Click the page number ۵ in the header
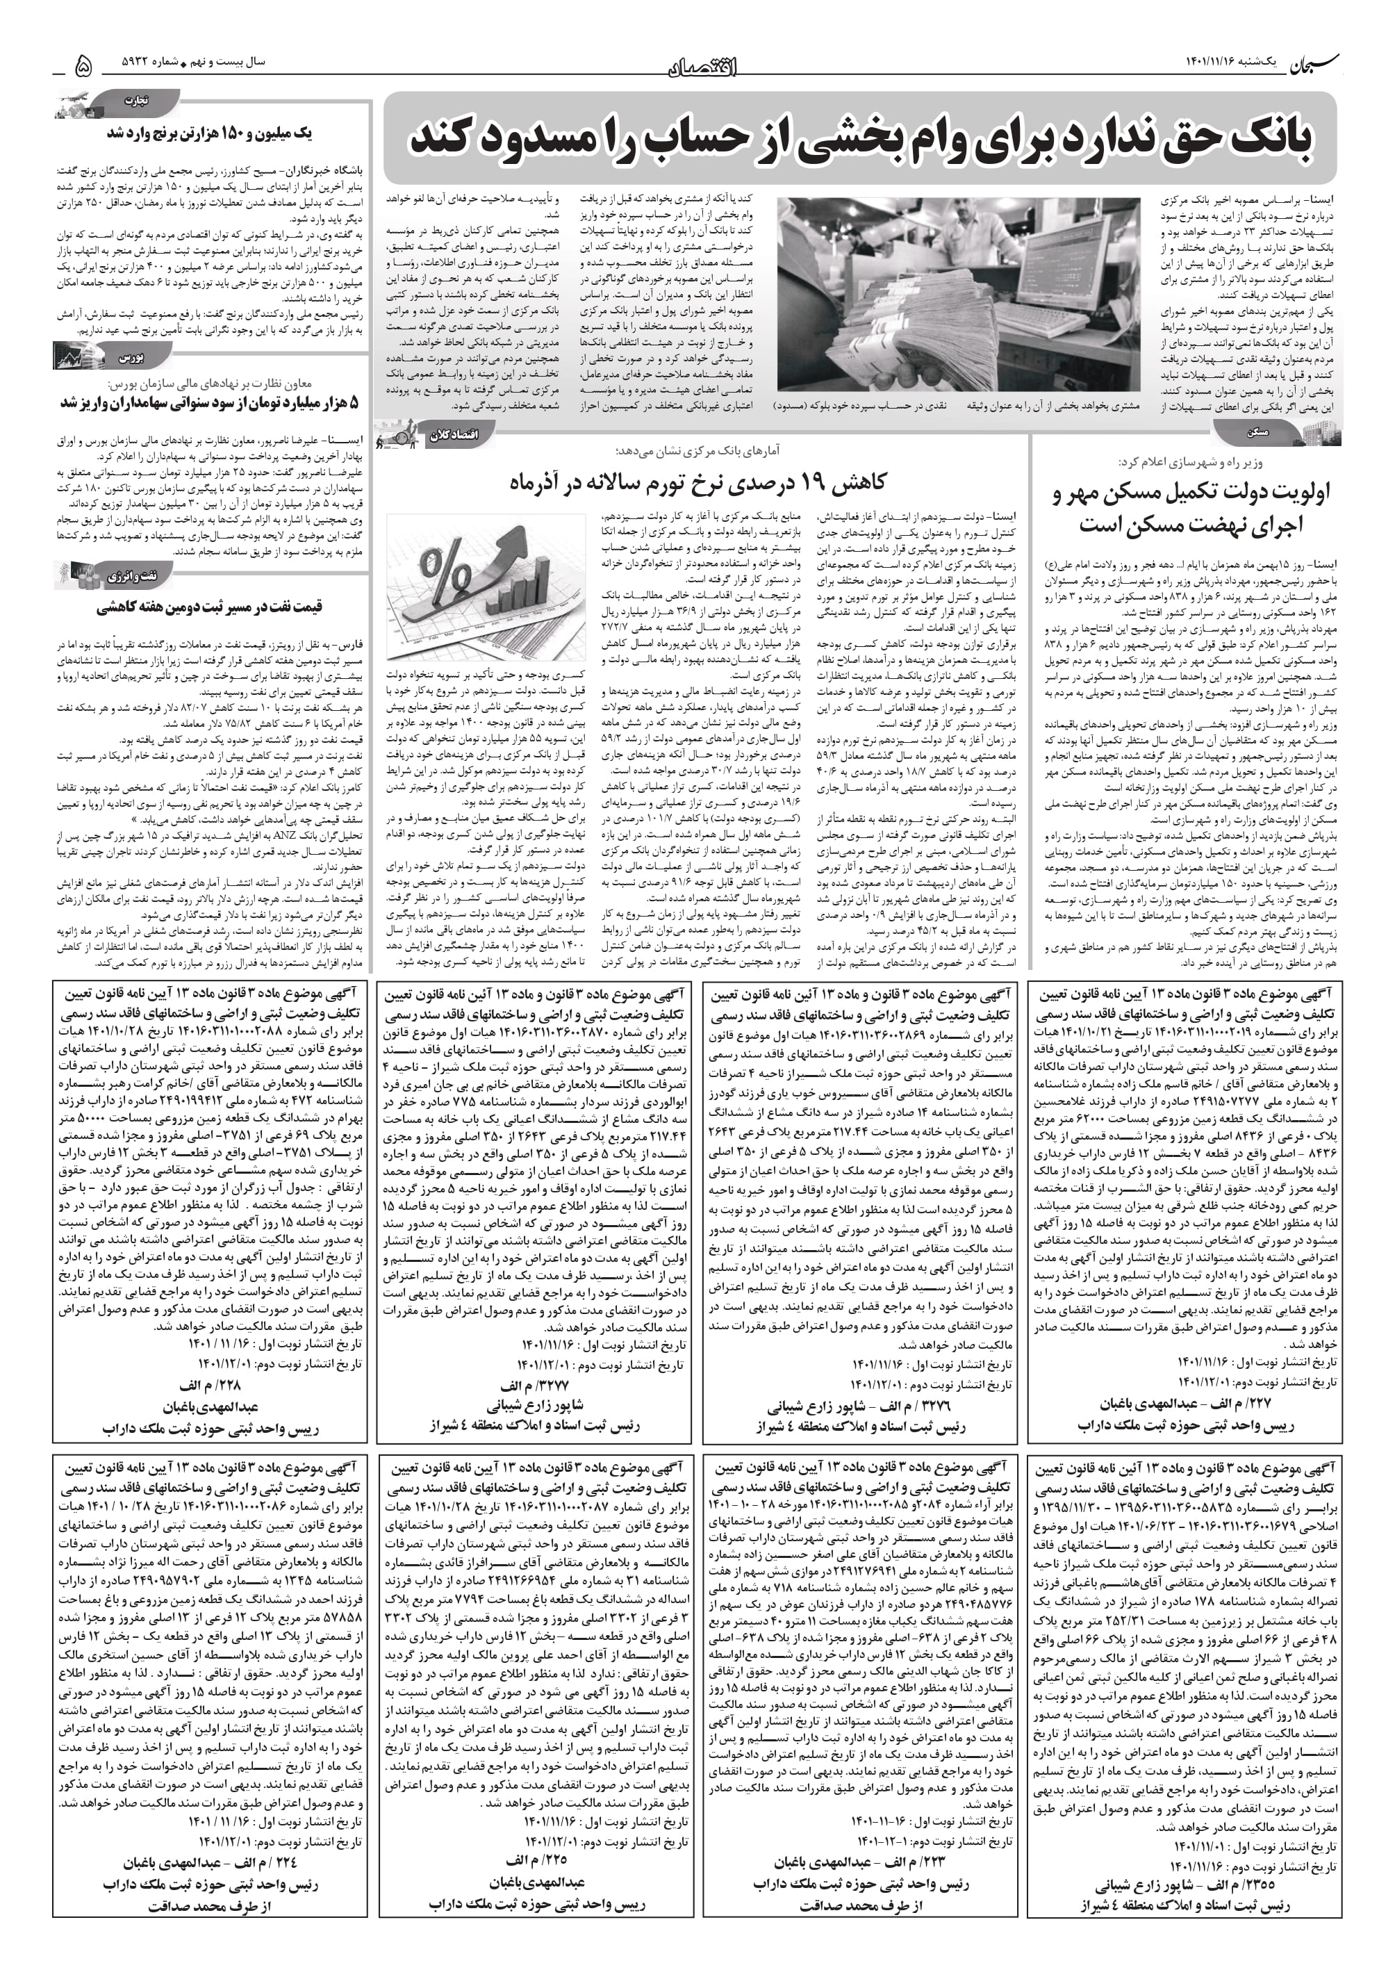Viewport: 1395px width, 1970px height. (83, 65)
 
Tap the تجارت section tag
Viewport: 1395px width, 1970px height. (137, 101)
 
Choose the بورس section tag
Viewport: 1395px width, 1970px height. (129, 355)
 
